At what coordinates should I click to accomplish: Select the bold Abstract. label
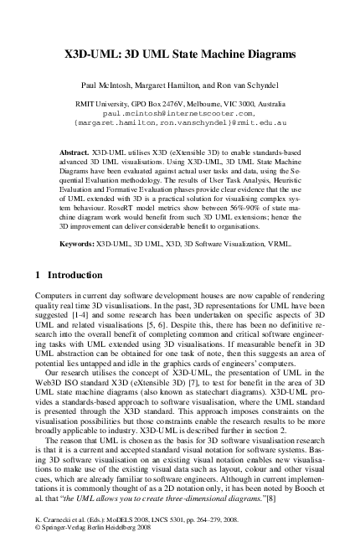point(75,153)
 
